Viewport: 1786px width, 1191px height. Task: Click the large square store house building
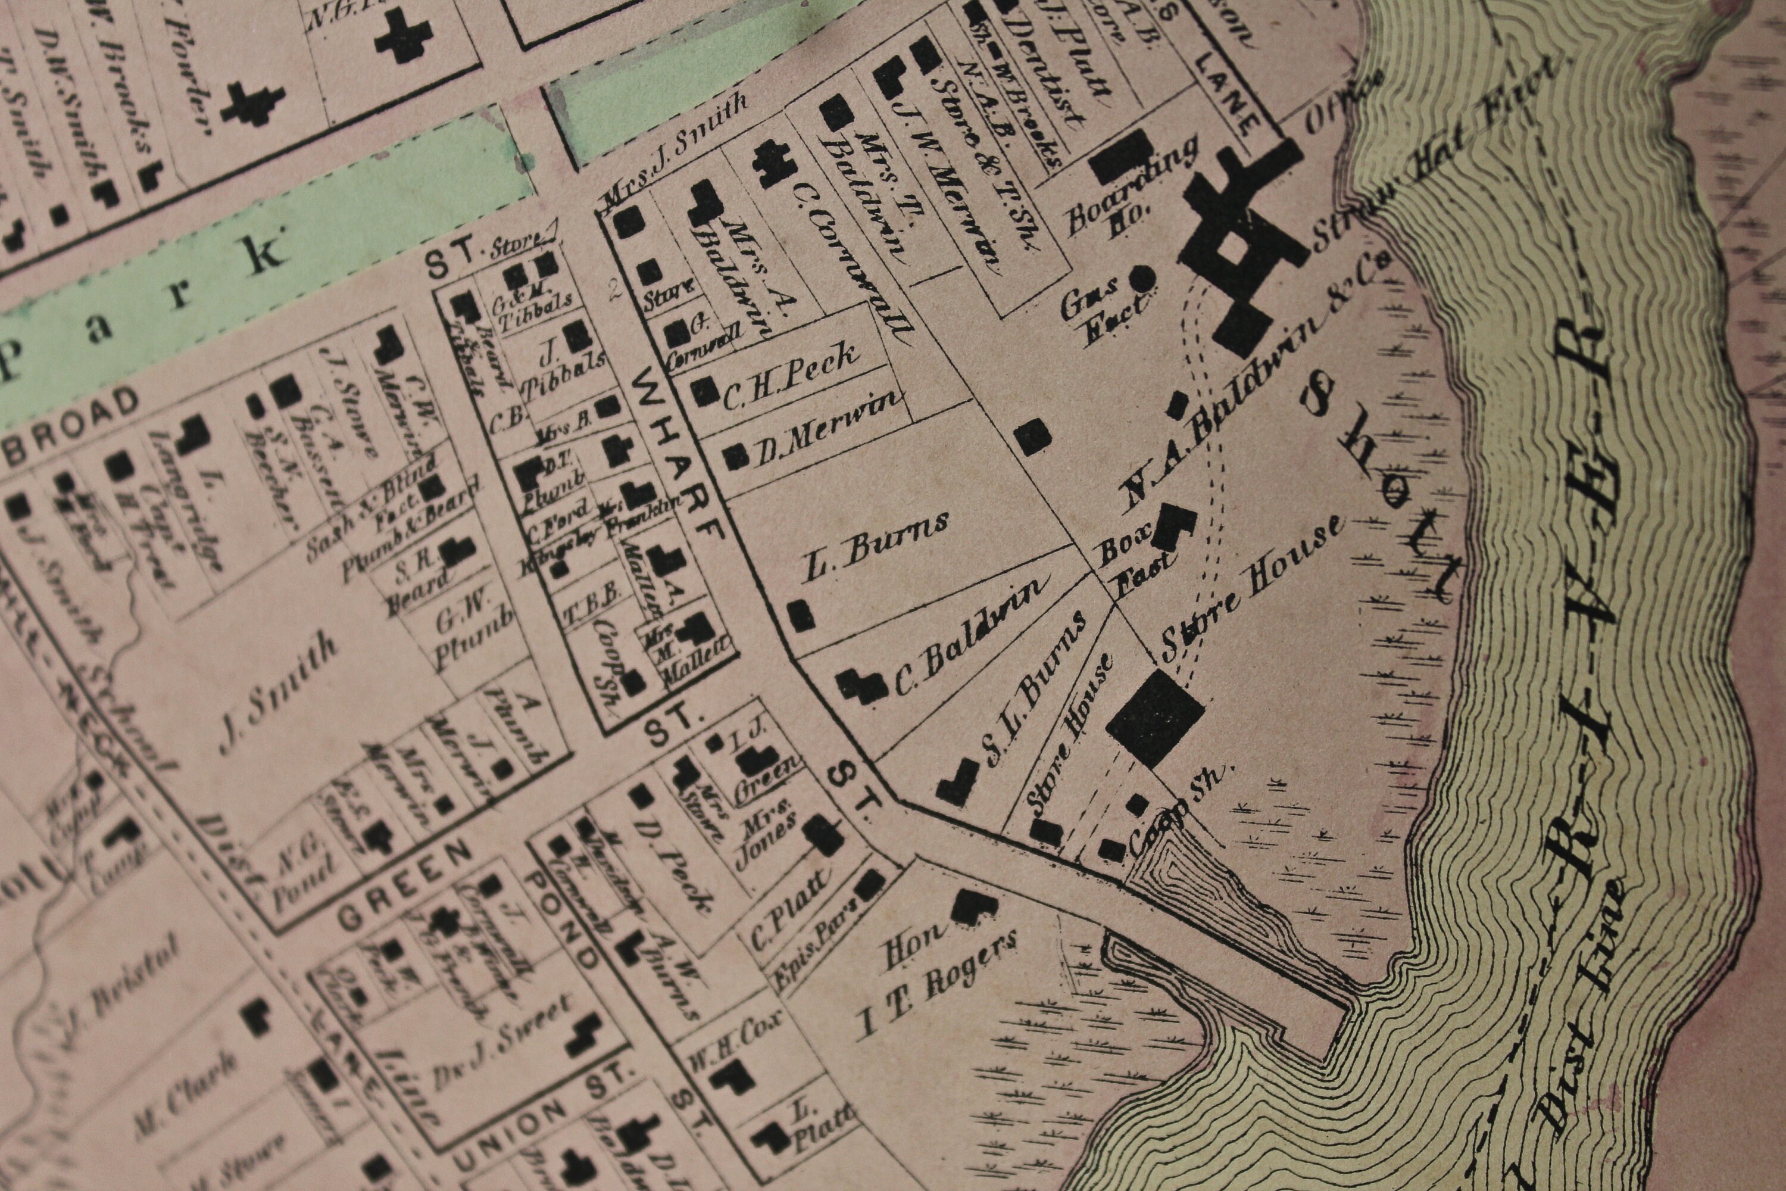tap(1154, 718)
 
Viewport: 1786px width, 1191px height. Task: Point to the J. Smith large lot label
tap(277, 691)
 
